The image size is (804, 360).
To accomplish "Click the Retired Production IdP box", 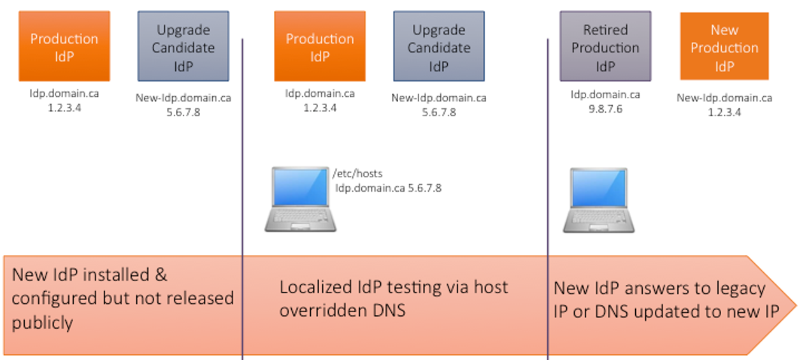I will pyautogui.click(x=605, y=47).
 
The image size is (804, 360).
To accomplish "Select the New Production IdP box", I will pyautogui.click(x=724, y=47).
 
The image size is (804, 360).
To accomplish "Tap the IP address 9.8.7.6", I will pyautogui.click(x=605, y=109).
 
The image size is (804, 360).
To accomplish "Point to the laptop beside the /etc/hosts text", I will pyautogui.click(x=300, y=199).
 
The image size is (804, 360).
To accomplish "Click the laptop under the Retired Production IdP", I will pyautogui.click(x=598, y=200).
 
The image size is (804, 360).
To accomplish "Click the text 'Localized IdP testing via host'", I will pyautogui.click(x=394, y=287).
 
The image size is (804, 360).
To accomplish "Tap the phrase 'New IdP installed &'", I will pyautogui.click(x=90, y=275).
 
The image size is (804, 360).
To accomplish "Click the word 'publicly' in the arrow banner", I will pyautogui.click(x=43, y=322).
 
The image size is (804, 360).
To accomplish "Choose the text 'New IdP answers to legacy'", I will pyautogui.click(x=659, y=288).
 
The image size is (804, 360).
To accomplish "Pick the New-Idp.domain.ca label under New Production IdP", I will pyautogui.click(x=724, y=98).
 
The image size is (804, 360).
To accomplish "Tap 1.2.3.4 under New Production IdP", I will pyautogui.click(x=724, y=112).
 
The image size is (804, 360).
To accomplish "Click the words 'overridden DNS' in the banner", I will pyautogui.click(x=342, y=310).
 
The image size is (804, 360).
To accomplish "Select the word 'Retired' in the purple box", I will pyautogui.click(x=605, y=30).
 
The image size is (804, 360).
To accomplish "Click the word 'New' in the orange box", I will pyautogui.click(x=724, y=30).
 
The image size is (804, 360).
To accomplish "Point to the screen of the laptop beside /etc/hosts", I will pyautogui.click(x=300, y=189).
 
